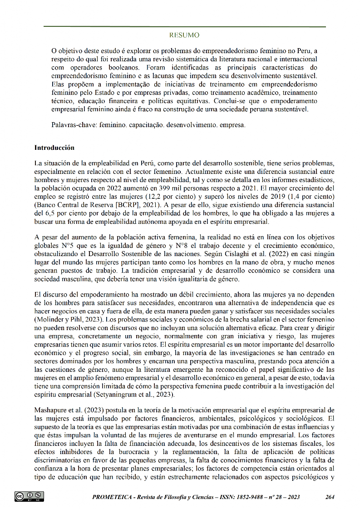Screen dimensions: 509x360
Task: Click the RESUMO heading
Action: [x=184, y=35]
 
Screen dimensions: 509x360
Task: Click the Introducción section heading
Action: [x=54, y=148]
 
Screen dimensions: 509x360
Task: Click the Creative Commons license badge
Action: [x=30, y=496]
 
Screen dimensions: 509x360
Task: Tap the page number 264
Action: [x=330, y=497]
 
